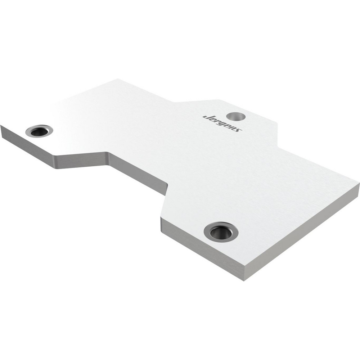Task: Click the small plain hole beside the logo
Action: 235,116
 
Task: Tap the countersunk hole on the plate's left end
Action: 39,131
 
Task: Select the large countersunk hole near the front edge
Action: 221,232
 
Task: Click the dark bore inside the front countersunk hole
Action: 221,233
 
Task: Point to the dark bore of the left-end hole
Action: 39,132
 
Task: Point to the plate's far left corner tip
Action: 1,126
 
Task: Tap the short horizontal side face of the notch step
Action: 83,160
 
